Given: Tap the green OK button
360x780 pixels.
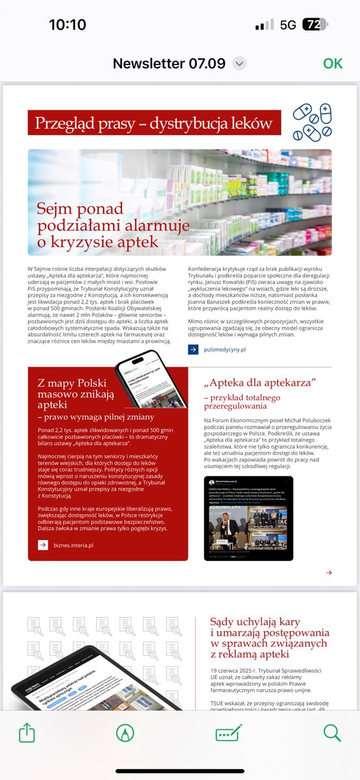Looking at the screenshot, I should pyautogui.click(x=333, y=63).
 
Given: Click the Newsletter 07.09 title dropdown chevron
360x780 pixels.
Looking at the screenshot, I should pyautogui.click(x=240, y=63).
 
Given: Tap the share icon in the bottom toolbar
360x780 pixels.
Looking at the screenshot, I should pyautogui.click(x=27, y=733).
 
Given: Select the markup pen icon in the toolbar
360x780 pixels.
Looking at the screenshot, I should pyautogui.click(x=123, y=733).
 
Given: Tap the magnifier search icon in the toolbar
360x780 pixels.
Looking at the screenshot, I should pyautogui.click(x=332, y=733).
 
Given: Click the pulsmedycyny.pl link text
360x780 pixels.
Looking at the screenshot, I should pyautogui.click(x=225, y=350).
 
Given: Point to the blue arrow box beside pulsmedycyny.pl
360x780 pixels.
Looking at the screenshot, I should pyautogui.click(x=193, y=350).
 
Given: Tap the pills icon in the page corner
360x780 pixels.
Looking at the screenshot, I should pyautogui.click(x=312, y=122).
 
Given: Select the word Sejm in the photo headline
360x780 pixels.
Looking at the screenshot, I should pyautogui.click(x=55, y=210).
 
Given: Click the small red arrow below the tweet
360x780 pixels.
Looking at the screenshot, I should pyautogui.click(x=329, y=573).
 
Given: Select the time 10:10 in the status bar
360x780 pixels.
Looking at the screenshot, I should pyautogui.click(x=68, y=25).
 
